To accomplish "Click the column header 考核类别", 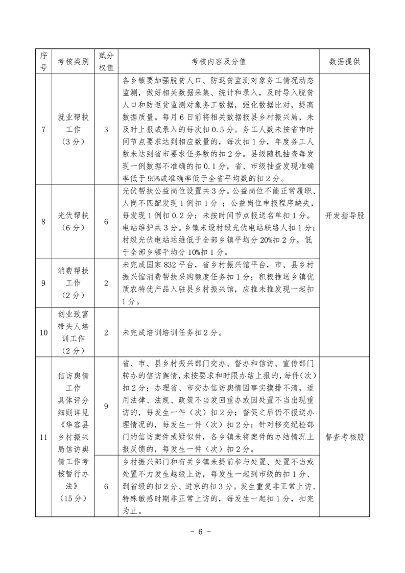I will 74,61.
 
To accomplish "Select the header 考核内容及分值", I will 219,61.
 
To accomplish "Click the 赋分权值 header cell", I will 106,61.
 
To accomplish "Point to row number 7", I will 43,130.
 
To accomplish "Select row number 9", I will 43,282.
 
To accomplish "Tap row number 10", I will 43,332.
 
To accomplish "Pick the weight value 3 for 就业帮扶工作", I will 106,130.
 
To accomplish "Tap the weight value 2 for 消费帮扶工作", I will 106,282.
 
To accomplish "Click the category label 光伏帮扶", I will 74,215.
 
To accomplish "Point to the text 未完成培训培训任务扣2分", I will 171,332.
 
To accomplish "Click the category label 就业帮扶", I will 74,118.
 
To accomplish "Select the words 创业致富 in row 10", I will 74,313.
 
